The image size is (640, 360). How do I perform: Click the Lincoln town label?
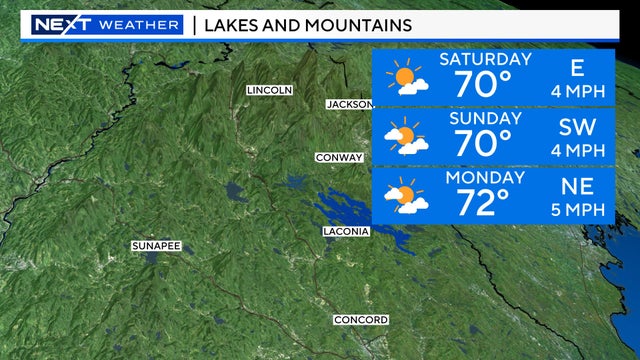269,90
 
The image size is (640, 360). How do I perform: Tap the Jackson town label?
349,104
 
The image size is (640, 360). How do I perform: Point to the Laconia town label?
346,231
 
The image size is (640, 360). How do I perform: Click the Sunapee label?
156,245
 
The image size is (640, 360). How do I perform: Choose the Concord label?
360,320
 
